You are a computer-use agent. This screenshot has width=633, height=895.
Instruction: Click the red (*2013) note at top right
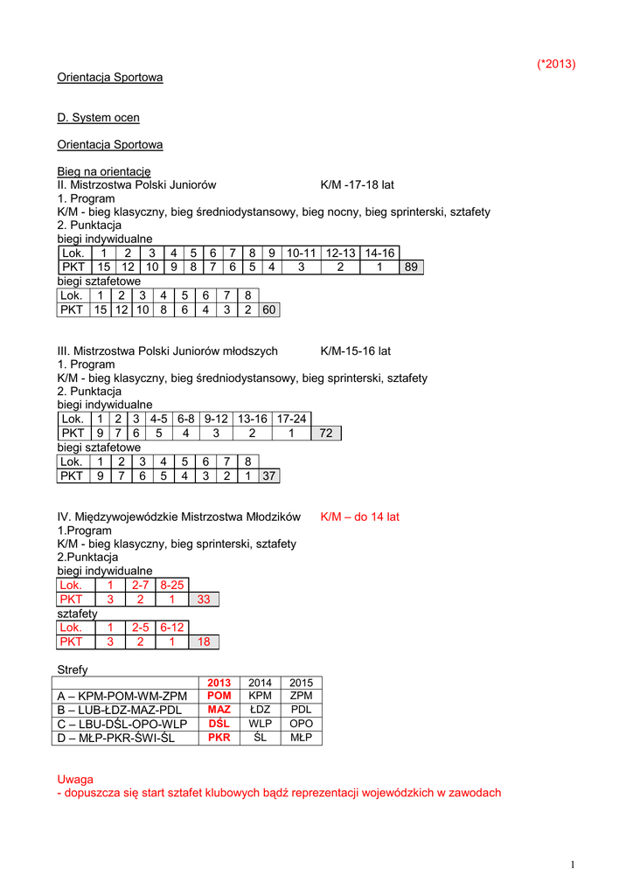[x=555, y=64]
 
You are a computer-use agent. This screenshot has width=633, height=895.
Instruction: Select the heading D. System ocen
[x=98, y=117]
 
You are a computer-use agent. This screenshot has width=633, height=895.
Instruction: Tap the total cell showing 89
[x=411, y=267]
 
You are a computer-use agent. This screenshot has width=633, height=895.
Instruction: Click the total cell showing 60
[x=270, y=309]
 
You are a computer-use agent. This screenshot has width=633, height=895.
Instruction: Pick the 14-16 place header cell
[x=379, y=253]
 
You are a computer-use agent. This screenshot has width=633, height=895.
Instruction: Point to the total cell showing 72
[x=325, y=433]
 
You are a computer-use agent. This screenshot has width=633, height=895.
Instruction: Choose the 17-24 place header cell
[x=292, y=419]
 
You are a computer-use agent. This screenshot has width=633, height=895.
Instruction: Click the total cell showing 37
[x=269, y=475]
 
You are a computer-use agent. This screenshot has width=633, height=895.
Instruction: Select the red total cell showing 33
[x=204, y=600]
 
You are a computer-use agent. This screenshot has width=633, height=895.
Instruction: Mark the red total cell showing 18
[x=204, y=642]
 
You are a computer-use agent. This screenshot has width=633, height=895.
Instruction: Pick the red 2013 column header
[x=219, y=683]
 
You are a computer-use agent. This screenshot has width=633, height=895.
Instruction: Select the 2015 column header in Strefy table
[x=301, y=683]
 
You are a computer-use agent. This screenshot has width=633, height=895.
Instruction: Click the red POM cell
[x=219, y=696]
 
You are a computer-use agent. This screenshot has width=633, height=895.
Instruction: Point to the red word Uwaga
[x=75, y=779]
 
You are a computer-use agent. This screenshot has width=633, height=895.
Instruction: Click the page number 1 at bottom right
[x=572, y=865]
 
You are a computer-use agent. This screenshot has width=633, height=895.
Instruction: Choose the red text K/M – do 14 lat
[x=359, y=517]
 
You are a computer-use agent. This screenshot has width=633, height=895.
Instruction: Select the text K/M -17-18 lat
[x=357, y=185]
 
